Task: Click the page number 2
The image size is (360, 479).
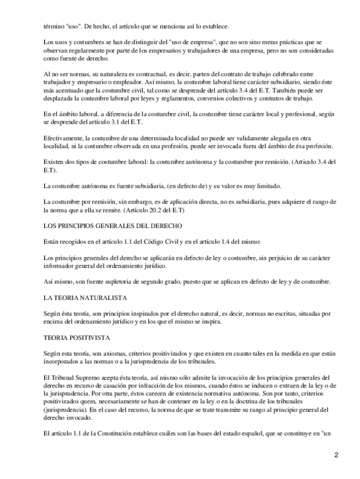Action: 336,455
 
